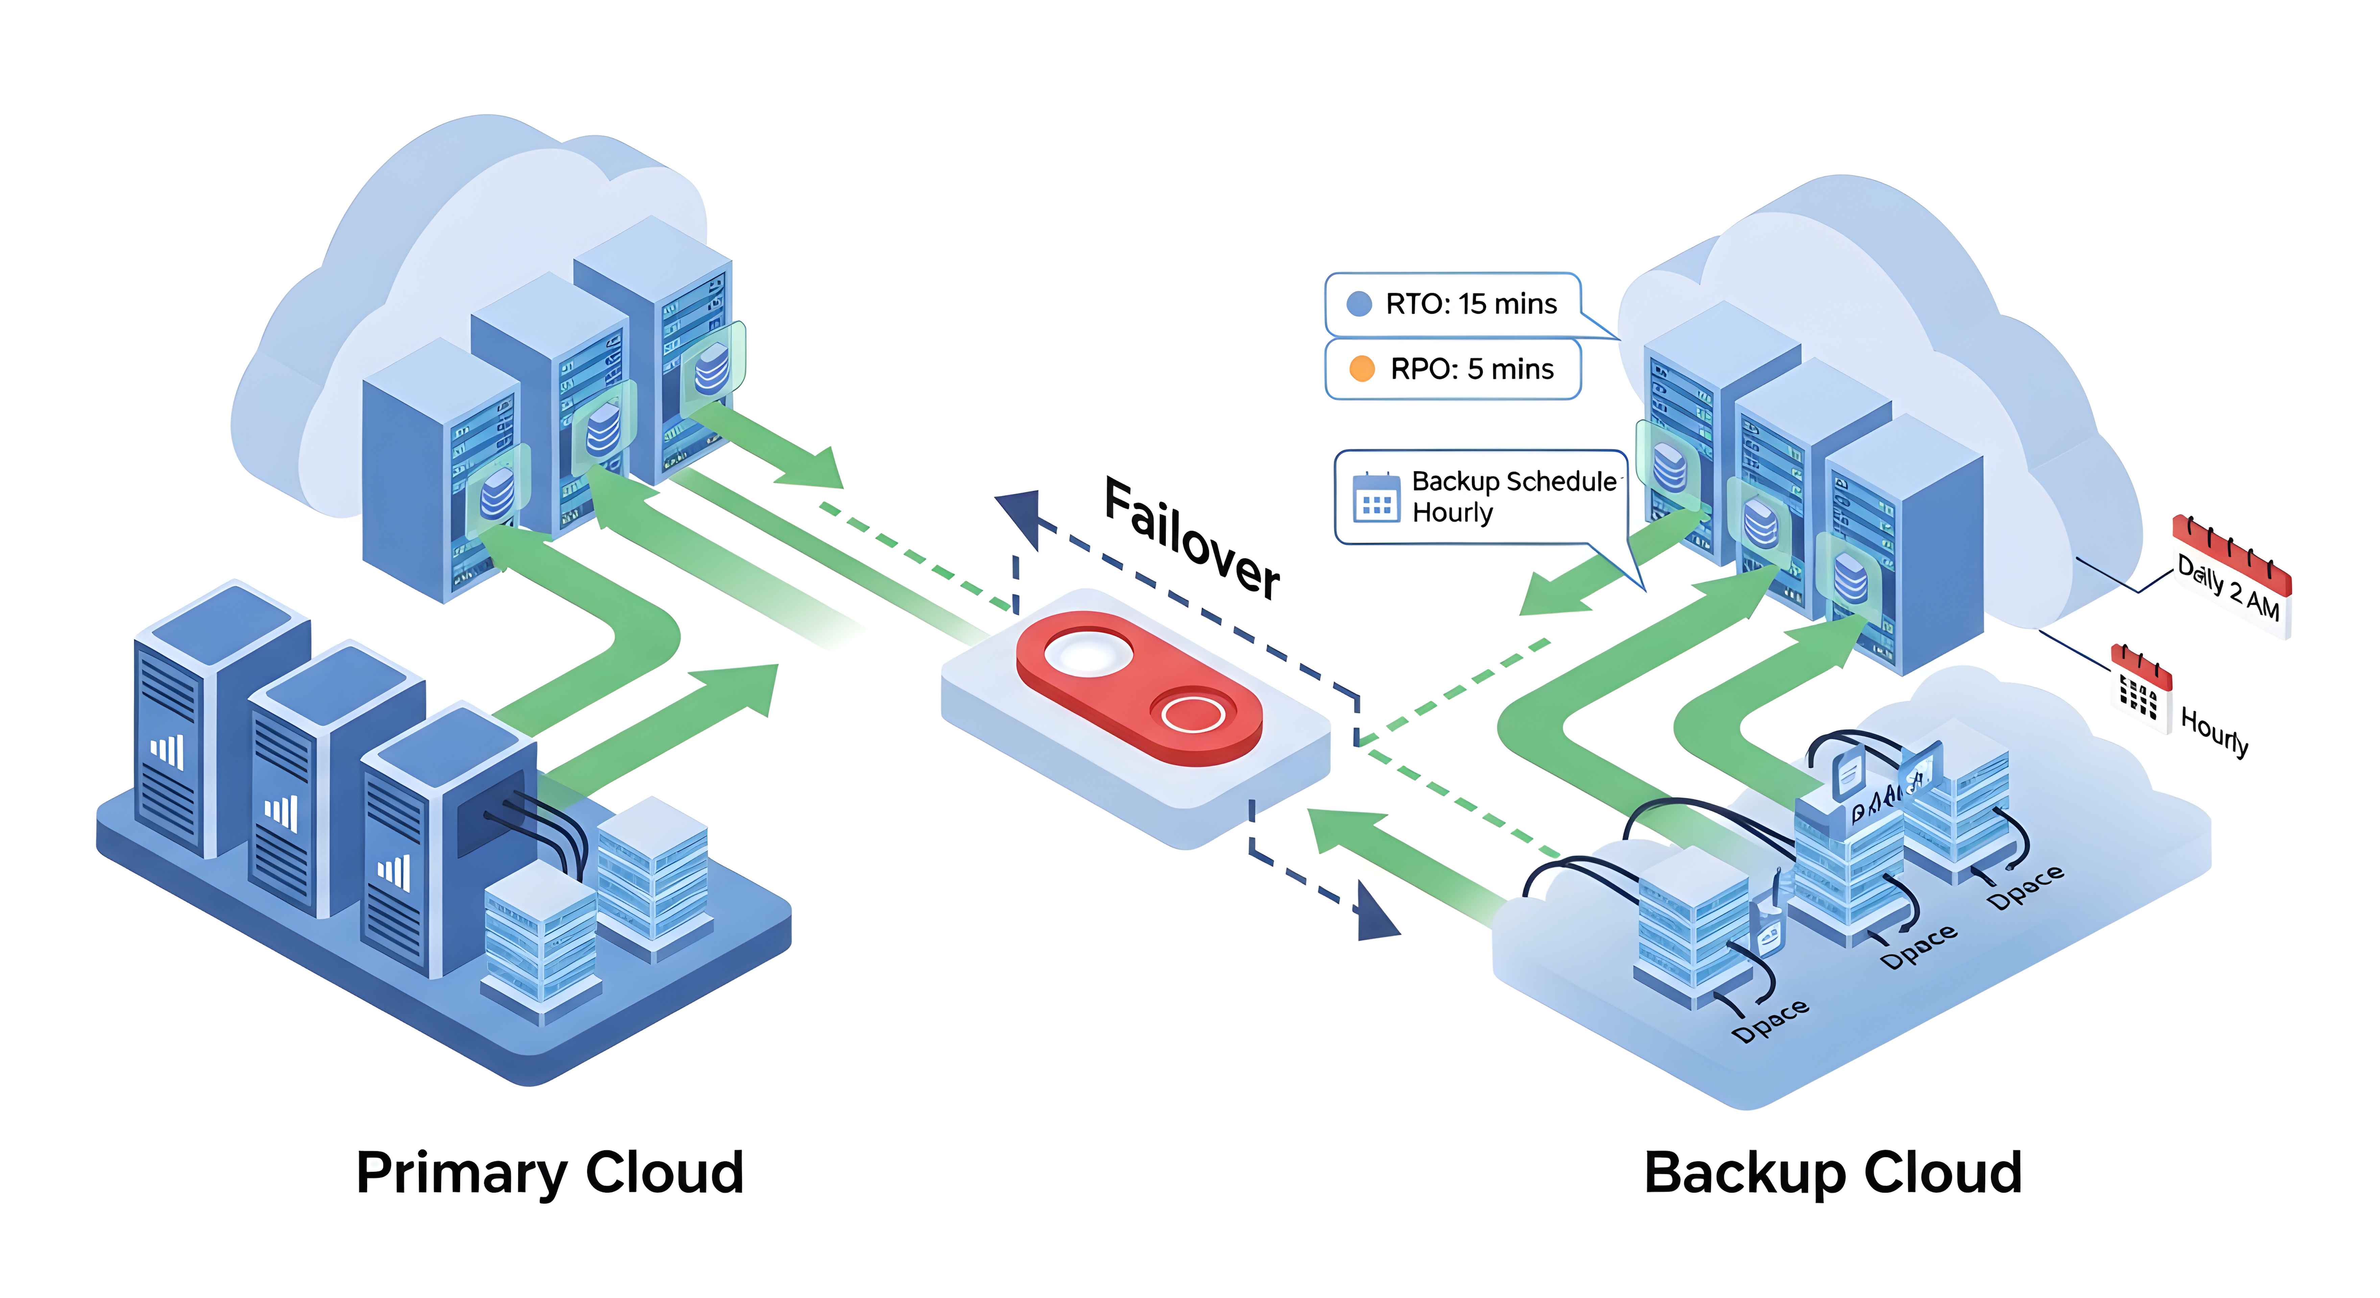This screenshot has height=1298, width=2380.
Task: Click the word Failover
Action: coord(1192,538)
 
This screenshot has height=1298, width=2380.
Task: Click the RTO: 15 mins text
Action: coord(1471,304)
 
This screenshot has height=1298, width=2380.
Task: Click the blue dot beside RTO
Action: coord(1359,304)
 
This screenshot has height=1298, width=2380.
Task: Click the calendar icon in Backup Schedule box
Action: coord(1376,499)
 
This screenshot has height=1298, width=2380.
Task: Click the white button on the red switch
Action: coord(1088,654)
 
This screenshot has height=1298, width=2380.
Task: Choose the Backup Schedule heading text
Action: coord(1514,481)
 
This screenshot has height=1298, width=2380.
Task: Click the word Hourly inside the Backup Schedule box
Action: coord(1452,513)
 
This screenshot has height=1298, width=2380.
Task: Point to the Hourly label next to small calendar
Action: coord(2214,732)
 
